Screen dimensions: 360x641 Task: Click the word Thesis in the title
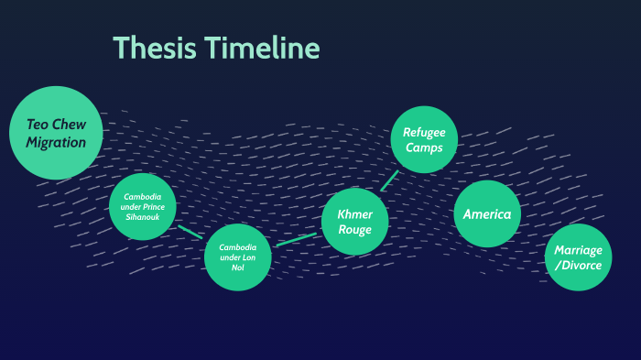point(152,48)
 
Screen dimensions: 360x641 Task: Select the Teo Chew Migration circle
point(56,133)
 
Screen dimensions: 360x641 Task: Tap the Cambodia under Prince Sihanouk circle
point(143,206)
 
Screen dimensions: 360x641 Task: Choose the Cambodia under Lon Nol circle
point(237,257)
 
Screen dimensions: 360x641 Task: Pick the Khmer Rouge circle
point(354,221)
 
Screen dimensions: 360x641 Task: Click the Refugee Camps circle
point(423,139)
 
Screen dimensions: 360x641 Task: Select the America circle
point(487,214)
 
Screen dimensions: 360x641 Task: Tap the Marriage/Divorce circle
point(579,257)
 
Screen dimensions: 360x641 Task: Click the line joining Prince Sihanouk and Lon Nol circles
point(190,231)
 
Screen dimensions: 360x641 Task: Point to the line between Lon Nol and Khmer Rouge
point(296,239)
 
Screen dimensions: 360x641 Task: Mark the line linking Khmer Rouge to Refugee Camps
point(389,180)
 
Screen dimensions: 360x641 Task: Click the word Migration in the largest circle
point(56,143)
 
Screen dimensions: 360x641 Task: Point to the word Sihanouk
point(143,217)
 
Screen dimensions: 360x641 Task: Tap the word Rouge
point(354,230)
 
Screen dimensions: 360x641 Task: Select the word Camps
point(424,148)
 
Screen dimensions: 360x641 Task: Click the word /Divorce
point(579,267)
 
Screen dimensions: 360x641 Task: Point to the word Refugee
point(424,132)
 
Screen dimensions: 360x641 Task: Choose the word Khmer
point(354,213)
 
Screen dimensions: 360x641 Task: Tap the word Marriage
point(579,250)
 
